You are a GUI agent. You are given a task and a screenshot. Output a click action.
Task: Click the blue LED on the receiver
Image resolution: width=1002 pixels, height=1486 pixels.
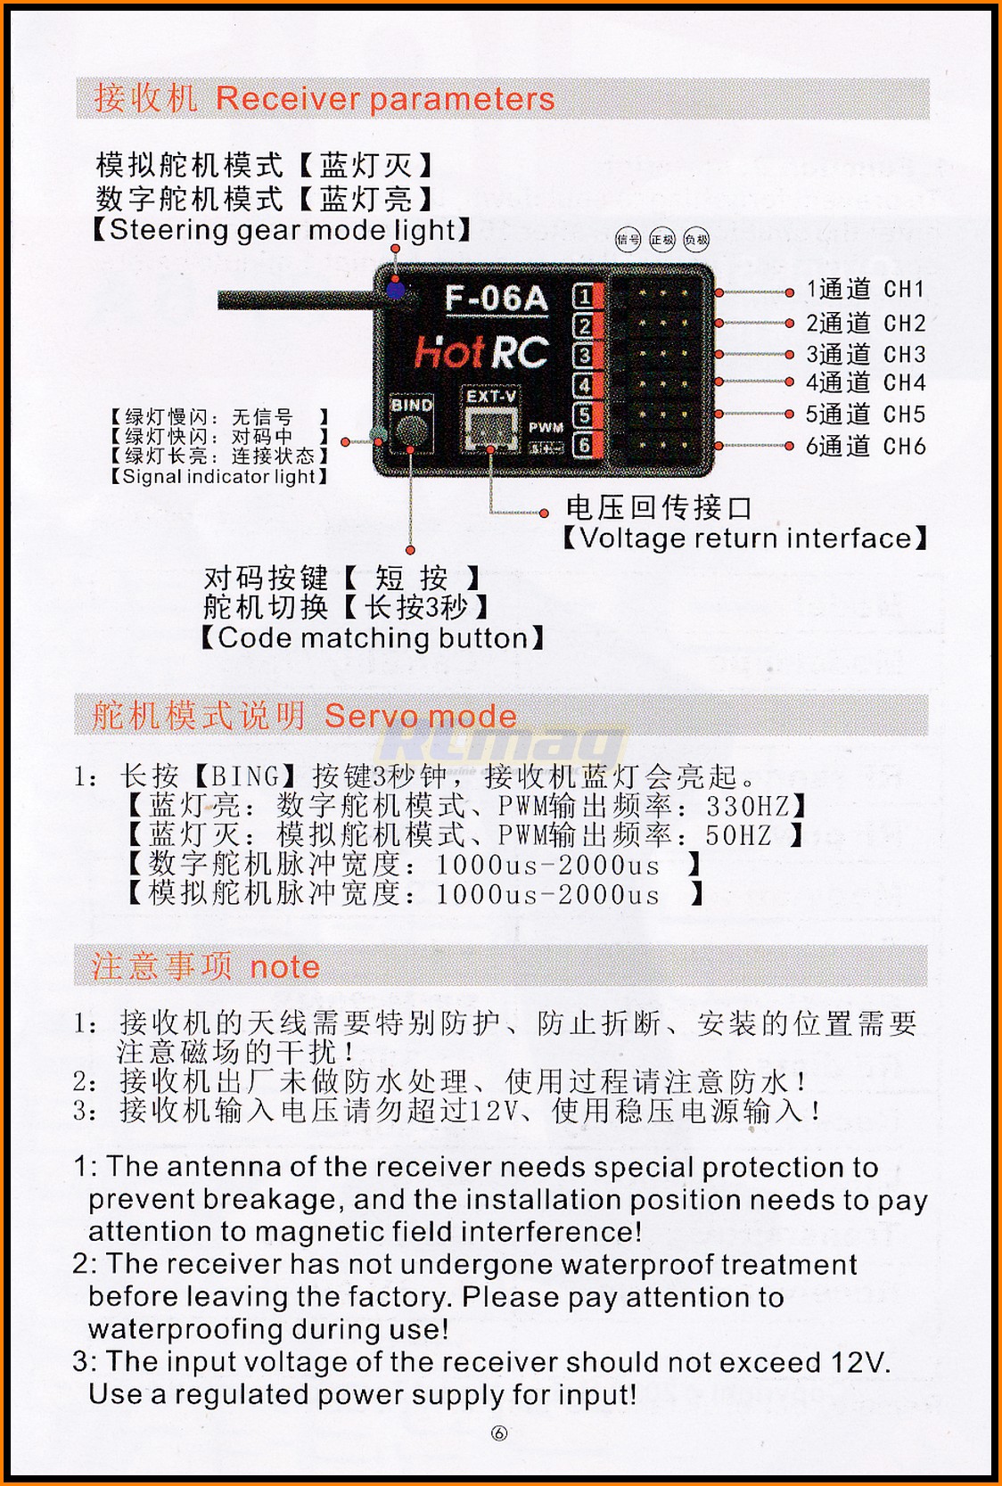[396, 290]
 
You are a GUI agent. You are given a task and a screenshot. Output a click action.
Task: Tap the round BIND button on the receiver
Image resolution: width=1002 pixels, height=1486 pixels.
[412, 432]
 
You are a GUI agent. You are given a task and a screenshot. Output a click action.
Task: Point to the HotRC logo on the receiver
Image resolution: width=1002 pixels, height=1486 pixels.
[482, 352]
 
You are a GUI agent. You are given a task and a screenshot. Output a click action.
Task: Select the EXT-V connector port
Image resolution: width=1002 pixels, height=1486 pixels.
[492, 429]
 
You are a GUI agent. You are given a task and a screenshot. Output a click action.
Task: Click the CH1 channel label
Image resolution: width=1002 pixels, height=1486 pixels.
[905, 289]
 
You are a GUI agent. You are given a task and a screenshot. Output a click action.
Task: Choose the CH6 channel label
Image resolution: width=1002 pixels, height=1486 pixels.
[905, 446]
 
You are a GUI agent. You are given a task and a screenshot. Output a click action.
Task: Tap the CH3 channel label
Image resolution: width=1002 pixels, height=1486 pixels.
[905, 354]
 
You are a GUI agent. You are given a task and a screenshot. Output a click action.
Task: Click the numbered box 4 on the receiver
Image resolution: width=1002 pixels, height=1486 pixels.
[583, 385]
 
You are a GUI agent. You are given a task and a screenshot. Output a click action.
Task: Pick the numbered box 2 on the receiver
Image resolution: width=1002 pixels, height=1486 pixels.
[583, 325]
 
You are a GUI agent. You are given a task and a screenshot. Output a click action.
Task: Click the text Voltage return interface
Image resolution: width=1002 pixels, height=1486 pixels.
[745, 538]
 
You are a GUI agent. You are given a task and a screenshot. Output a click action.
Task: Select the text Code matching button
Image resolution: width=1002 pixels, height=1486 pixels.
[373, 637]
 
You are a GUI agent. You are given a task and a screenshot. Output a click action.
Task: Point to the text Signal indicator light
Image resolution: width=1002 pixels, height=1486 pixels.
[219, 476]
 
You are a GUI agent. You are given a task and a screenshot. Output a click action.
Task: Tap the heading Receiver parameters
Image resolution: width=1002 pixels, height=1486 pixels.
[385, 99]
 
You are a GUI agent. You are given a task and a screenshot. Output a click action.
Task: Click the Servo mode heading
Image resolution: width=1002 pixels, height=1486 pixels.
[420, 716]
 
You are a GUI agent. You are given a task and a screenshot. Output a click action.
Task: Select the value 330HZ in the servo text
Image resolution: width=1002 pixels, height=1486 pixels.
[748, 806]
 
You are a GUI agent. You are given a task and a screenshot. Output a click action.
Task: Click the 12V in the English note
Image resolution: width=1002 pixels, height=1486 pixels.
[859, 1362]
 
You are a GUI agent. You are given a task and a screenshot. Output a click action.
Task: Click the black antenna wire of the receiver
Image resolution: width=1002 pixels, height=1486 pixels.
[299, 300]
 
